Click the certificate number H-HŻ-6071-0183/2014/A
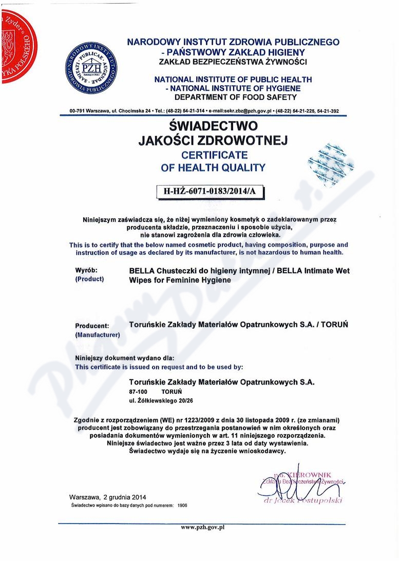[x=209, y=191]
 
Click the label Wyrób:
[x=86, y=270]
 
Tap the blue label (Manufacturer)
[x=97, y=335]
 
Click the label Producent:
[x=92, y=326]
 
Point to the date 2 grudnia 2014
[x=125, y=497]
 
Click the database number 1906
[x=182, y=505]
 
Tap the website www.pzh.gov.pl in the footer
[x=203, y=527]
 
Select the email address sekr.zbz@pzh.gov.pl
[x=247, y=111]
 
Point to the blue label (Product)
[x=89, y=279]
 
